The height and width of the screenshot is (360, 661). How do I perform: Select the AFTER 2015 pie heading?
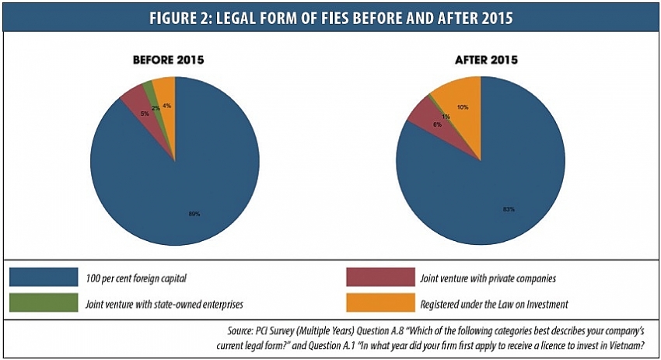481,59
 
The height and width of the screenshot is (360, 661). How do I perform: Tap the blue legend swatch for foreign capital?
44,277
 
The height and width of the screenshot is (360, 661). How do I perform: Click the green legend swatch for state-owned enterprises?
44,302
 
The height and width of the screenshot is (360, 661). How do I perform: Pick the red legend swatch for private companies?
380,277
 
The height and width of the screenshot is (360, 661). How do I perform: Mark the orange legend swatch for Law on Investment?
380,302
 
